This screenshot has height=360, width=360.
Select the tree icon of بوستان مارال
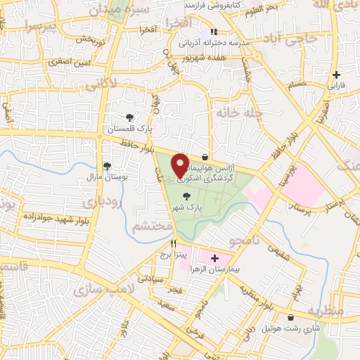107,166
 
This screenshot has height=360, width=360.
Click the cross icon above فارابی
337,75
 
